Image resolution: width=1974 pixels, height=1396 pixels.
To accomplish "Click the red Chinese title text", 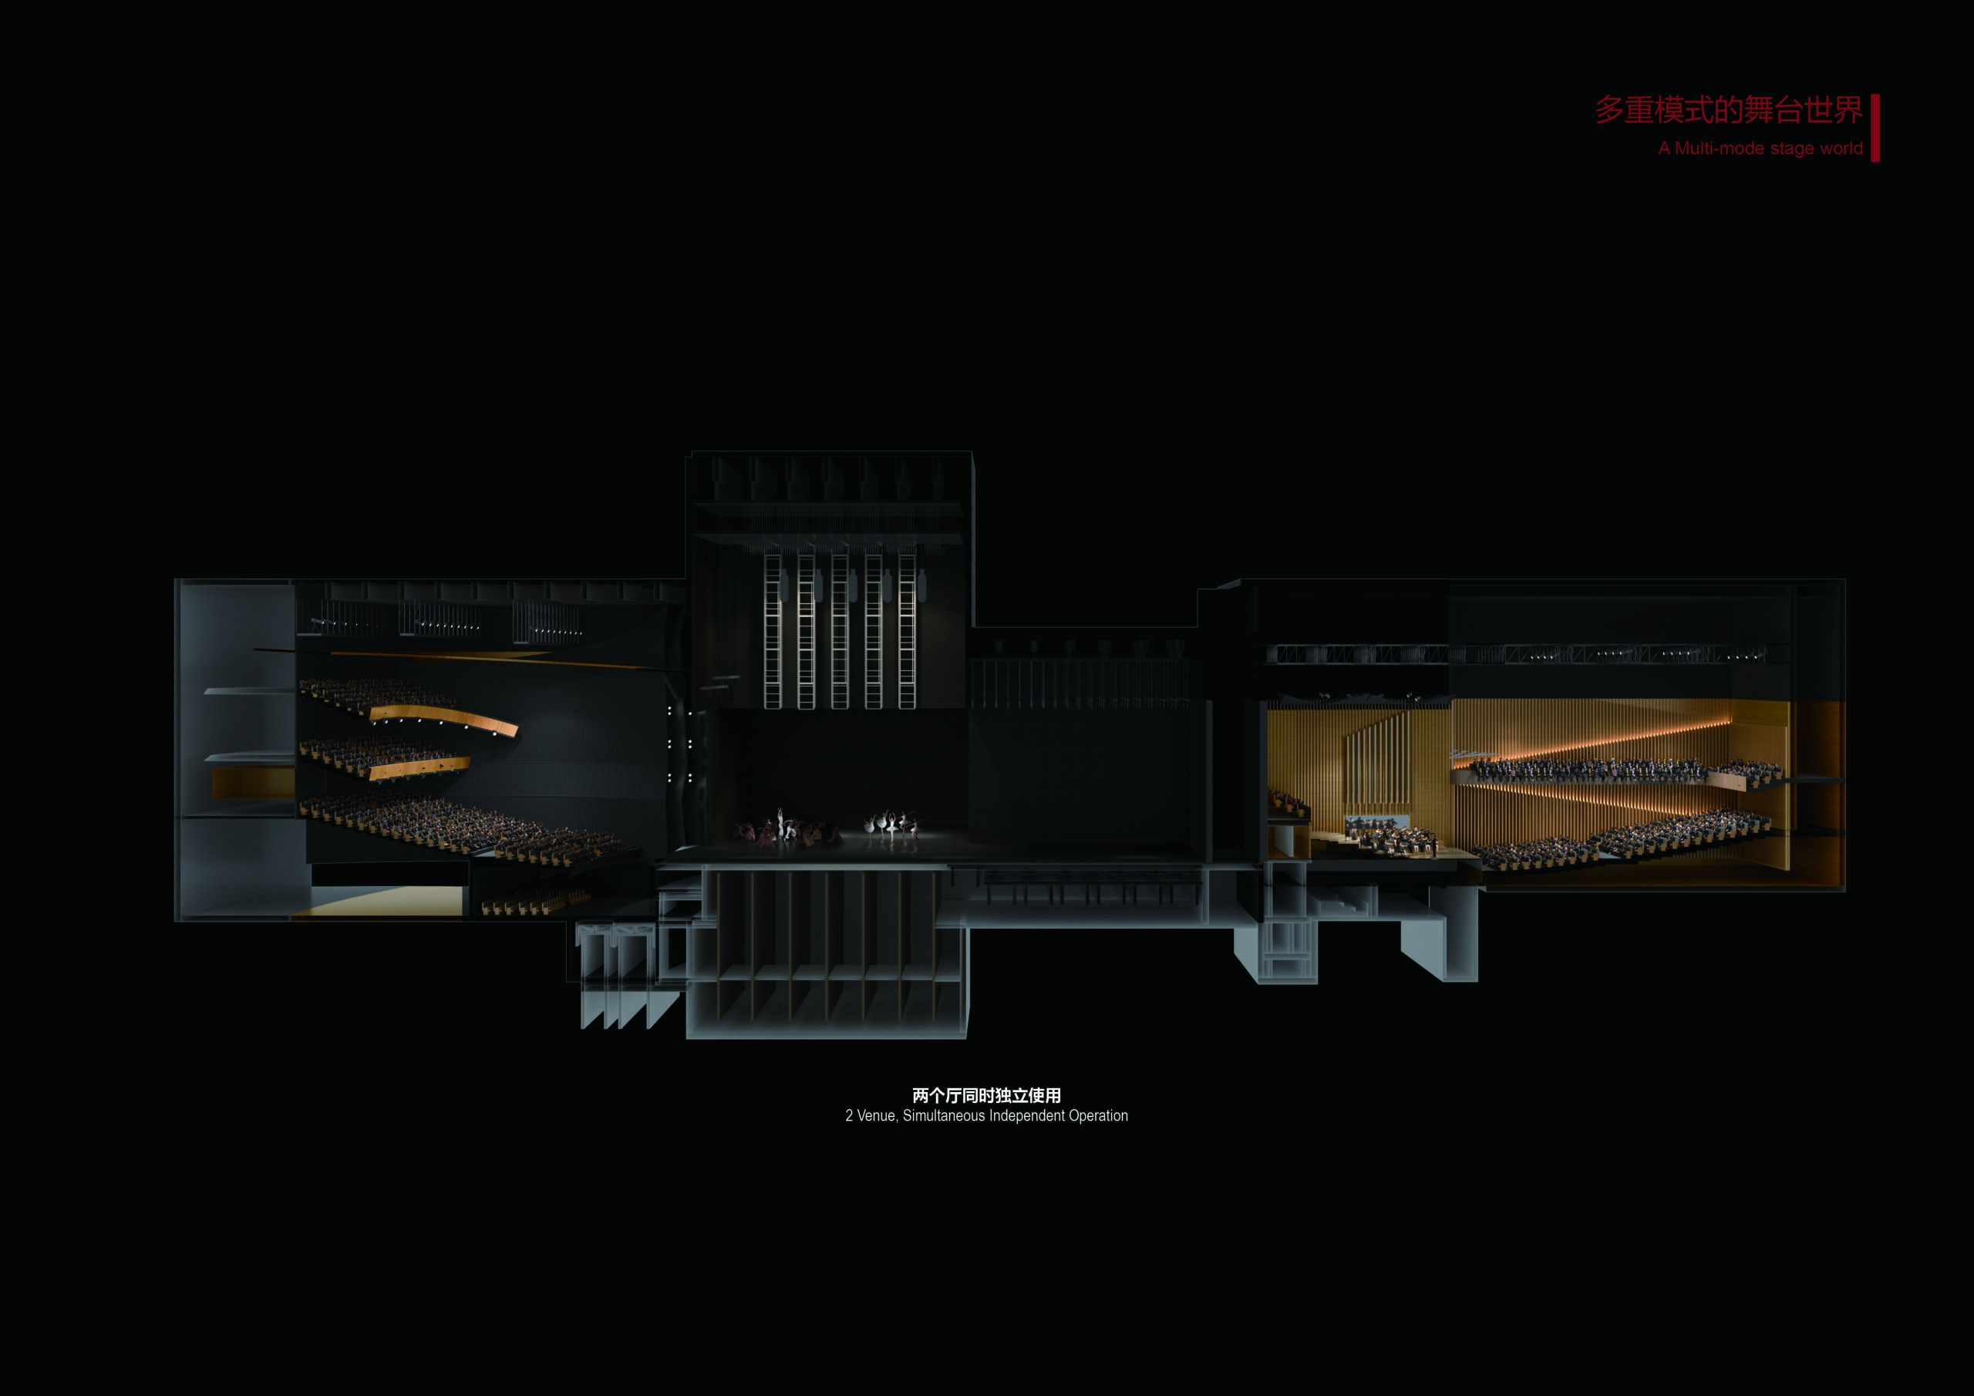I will [x=1728, y=111].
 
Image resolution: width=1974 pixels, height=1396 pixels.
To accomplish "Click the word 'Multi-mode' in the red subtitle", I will [x=1719, y=149].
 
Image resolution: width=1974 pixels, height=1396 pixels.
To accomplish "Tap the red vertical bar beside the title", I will [x=1875, y=127].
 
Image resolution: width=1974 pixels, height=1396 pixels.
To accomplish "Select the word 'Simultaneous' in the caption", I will [x=943, y=1115].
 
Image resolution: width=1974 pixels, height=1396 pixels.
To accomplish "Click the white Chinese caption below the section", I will [x=986, y=1095].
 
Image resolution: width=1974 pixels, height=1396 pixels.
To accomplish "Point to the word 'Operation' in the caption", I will [x=1098, y=1115].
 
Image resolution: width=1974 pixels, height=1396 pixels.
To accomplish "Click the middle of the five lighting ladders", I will [x=839, y=632].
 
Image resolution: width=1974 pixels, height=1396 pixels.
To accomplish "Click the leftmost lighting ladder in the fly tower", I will [x=772, y=632].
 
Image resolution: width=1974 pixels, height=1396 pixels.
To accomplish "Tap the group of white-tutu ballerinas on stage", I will [x=891, y=826].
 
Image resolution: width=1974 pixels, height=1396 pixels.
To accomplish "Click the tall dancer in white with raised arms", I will [x=780, y=821].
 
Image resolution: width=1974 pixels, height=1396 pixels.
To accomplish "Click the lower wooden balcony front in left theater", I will [x=419, y=768].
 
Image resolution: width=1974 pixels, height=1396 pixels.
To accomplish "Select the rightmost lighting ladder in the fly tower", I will [x=906, y=632].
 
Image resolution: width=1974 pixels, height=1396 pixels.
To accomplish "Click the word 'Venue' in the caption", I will [x=876, y=1115].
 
